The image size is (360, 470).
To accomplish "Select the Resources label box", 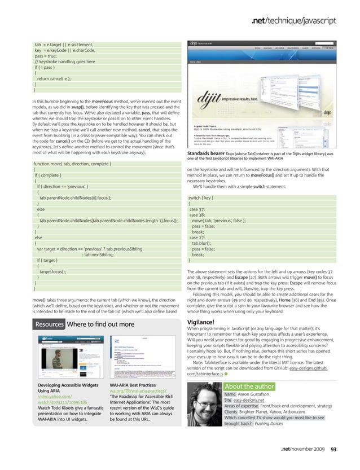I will (x=49, y=324).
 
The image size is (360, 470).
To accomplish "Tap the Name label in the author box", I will (x=230, y=394).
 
